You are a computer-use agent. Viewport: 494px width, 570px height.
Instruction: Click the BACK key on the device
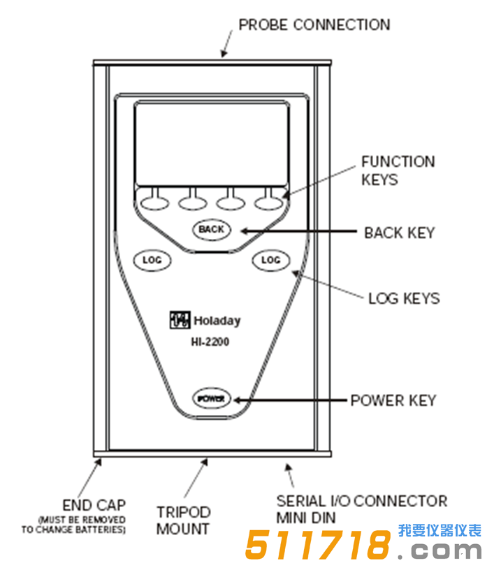pos(211,229)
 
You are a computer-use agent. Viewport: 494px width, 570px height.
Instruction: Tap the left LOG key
pos(152,260)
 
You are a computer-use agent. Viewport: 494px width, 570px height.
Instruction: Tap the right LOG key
pos(270,260)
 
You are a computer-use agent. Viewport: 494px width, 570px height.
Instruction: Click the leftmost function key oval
pos(154,203)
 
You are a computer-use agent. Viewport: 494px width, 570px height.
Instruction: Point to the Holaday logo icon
pos(179,320)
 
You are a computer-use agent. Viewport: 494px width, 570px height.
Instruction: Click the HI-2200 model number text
pos(210,342)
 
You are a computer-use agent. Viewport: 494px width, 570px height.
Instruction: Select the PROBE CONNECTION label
pos(314,25)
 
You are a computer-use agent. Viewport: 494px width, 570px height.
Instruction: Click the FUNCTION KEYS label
pos(398,170)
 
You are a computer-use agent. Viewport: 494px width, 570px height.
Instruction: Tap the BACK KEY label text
pos(399,233)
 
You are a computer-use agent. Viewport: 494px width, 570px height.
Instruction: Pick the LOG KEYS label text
pos(404,298)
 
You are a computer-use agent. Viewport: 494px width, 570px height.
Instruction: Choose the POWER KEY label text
pos(393,400)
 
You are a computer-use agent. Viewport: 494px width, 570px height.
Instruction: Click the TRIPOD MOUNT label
pos(183,520)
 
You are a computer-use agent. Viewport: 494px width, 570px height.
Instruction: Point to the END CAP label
pos(94,504)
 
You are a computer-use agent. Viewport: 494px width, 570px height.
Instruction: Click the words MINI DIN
pos(306,518)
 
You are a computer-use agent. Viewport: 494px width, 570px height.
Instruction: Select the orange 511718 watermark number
pos(318,546)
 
